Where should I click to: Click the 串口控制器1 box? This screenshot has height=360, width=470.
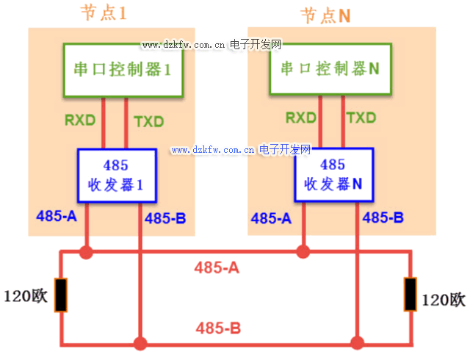[123, 70]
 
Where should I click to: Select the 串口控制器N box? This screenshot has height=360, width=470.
[330, 68]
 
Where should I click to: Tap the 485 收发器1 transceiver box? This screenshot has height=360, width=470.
[118, 175]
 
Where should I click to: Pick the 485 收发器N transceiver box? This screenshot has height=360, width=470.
[332, 175]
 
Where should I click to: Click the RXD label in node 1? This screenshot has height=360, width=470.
[79, 120]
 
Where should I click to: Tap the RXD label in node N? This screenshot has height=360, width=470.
[300, 118]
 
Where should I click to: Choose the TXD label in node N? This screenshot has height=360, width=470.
[361, 118]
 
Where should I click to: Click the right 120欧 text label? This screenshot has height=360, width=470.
[443, 300]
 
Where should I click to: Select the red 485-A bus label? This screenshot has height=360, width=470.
[217, 268]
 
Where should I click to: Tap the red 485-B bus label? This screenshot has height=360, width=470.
[218, 328]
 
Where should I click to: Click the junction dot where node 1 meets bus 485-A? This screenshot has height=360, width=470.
[87, 253]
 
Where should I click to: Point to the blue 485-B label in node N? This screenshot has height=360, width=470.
[383, 217]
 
